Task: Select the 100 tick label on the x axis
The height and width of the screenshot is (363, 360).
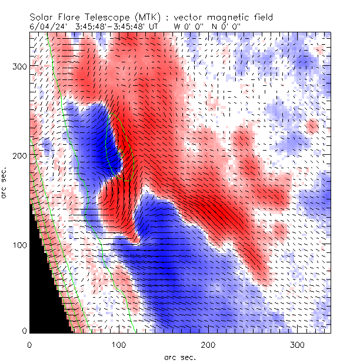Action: tap(118, 343)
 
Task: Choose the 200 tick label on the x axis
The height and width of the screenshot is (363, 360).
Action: tap(208, 343)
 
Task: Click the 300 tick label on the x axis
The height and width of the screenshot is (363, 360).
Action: tap(298, 343)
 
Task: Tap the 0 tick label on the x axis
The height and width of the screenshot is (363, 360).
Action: tap(29, 343)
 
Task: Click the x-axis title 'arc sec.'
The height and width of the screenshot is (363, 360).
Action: tap(179, 357)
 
